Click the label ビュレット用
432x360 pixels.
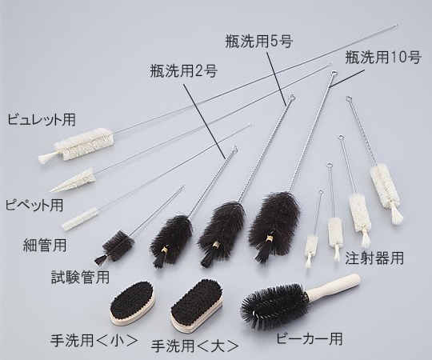[x=42, y=120]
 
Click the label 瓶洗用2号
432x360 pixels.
[x=183, y=70]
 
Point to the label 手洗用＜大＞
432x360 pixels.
[x=194, y=346]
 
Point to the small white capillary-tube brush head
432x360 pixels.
[x=79, y=216]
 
